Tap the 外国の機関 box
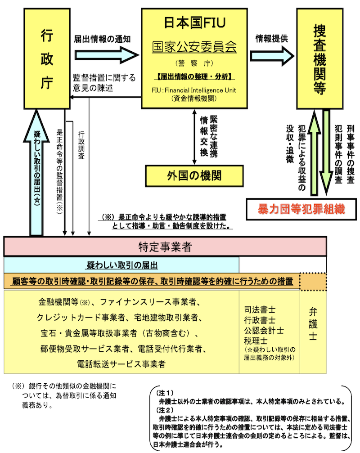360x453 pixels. click(193, 175)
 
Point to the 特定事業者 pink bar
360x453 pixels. click(165, 247)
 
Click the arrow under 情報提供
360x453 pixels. click(271, 55)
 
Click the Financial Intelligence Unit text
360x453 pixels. click(201, 90)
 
